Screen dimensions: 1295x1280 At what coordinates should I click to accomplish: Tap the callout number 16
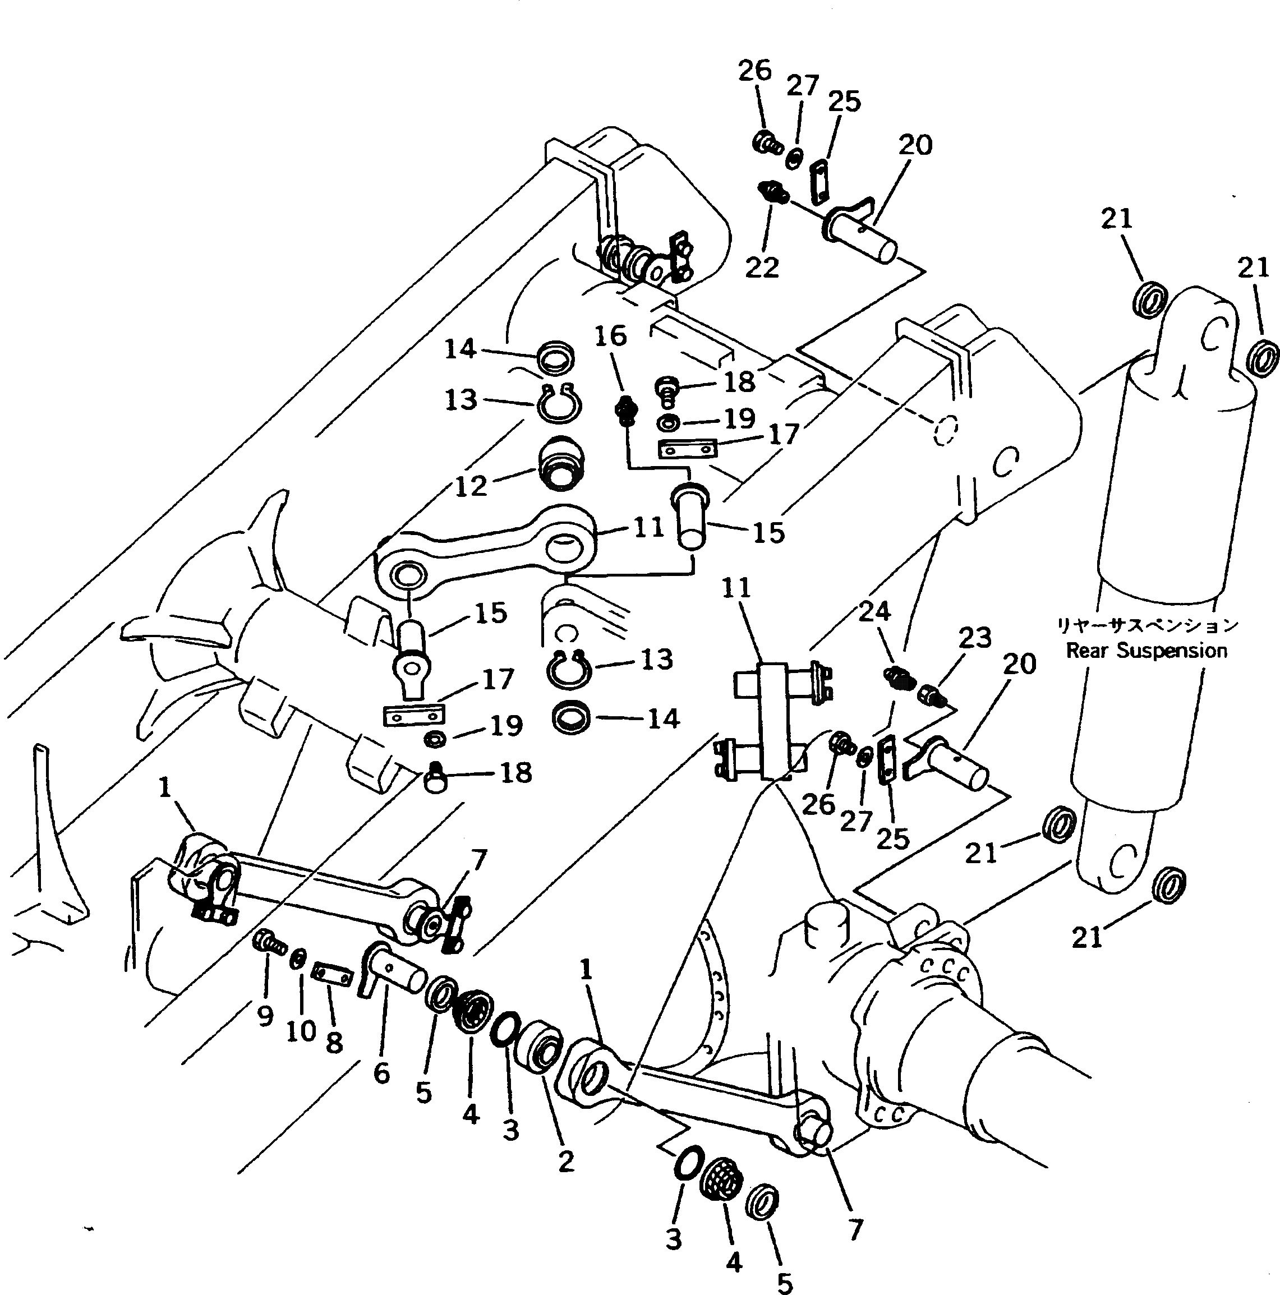tap(610, 336)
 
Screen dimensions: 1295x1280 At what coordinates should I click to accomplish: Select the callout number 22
tap(762, 268)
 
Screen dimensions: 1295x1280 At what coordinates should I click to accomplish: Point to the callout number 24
tap(874, 611)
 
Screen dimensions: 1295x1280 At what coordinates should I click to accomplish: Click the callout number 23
tap(974, 638)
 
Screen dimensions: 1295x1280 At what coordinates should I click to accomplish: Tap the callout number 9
tap(265, 1016)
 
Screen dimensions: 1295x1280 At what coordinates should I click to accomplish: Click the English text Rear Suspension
tap(1147, 650)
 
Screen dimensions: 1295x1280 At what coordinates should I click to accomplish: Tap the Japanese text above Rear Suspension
tap(1147, 625)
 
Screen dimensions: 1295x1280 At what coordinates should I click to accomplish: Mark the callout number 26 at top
tap(755, 70)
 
